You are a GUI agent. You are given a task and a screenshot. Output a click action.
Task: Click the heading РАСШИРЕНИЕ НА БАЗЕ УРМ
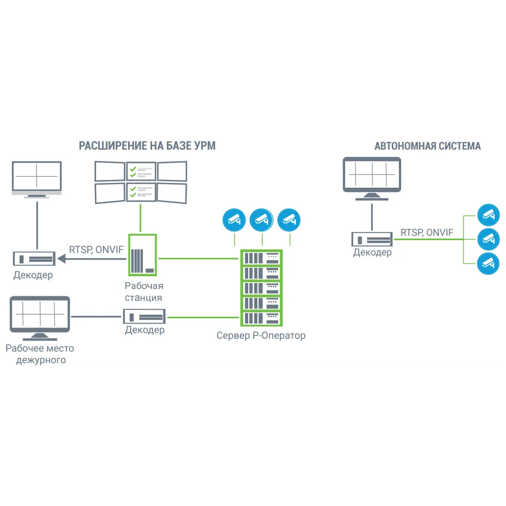(x=147, y=146)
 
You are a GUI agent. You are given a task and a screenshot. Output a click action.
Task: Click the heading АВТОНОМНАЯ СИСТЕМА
(x=427, y=146)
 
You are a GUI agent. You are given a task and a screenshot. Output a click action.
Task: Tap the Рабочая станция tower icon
(x=142, y=255)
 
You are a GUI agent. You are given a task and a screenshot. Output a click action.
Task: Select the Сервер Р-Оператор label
(x=261, y=336)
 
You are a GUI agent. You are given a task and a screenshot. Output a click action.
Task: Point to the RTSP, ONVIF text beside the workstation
(x=96, y=250)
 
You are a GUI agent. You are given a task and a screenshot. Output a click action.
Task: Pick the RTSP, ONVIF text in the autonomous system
(x=426, y=232)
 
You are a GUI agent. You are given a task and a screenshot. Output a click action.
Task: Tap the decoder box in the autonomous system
(x=372, y=239)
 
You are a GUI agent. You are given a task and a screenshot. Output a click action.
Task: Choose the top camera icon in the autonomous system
(x=488, y=214)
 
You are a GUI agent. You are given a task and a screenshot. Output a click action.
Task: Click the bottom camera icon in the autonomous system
(x=488, y=263)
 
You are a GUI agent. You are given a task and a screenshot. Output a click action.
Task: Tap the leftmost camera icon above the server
(x=234, y=219)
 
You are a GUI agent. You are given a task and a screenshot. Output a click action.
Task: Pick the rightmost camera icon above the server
(x=289, y=219)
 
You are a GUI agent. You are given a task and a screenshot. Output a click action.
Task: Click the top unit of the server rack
(x=261, y=258)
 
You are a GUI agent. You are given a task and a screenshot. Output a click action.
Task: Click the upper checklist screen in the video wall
(x=141, y=171)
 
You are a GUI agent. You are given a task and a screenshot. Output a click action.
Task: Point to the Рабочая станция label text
(x=143, y=292)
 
